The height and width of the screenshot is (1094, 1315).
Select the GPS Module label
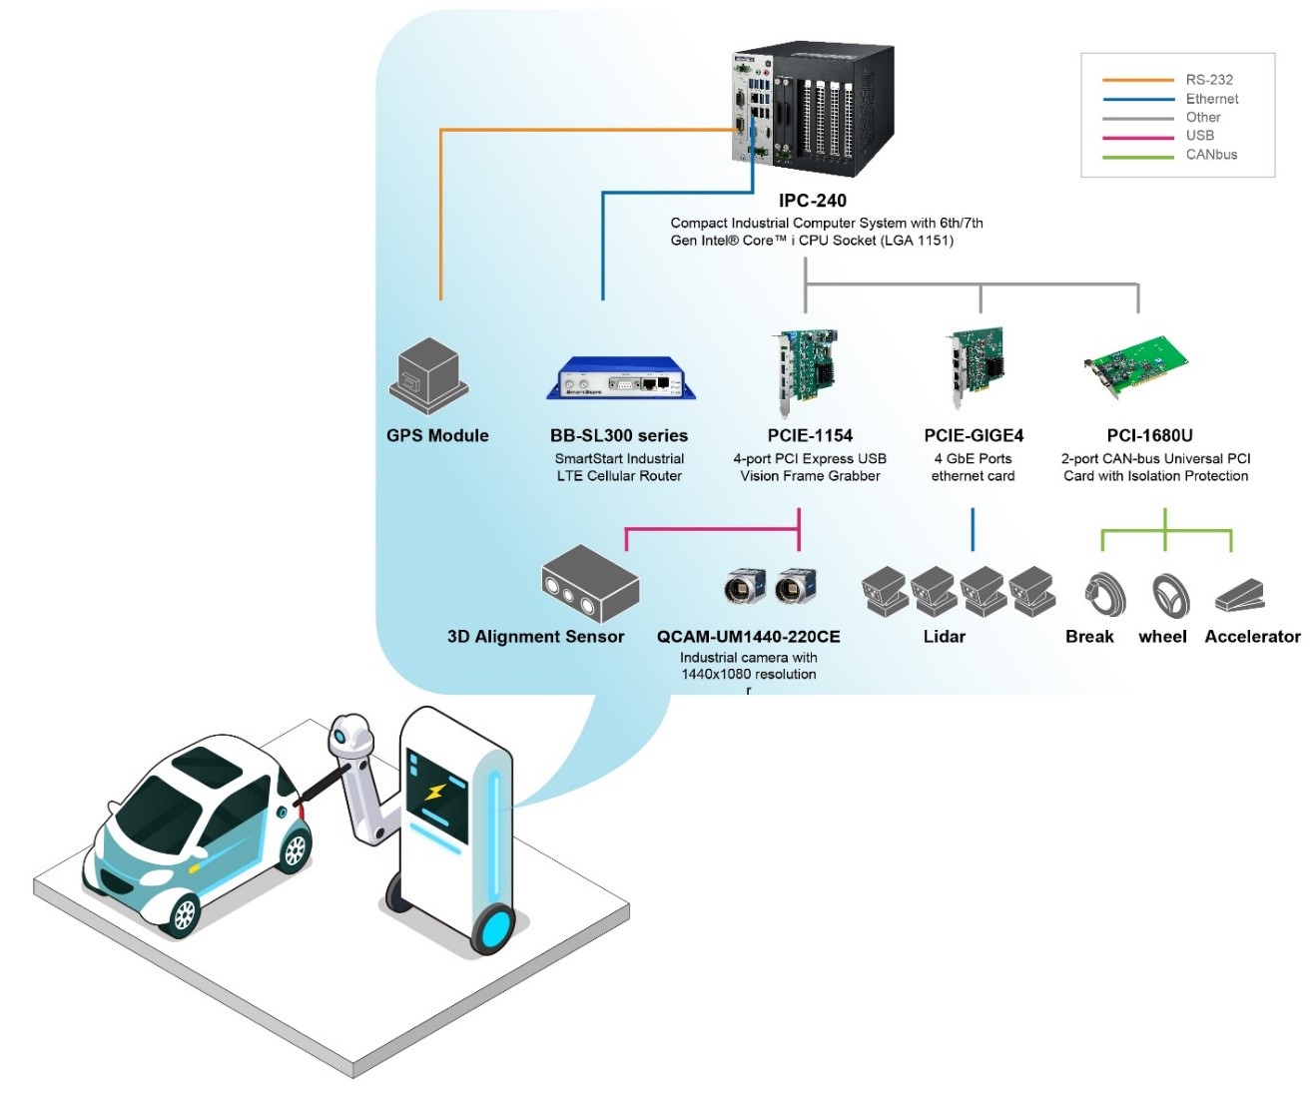click(x=437, y=435)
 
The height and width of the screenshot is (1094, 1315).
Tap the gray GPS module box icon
click(x=428, y=375)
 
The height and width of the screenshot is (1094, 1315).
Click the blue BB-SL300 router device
click(x=620, y=379)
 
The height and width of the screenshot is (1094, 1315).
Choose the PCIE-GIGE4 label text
click(x=974, y=435)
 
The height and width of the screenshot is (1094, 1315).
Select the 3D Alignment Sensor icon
click(x=589, y=585)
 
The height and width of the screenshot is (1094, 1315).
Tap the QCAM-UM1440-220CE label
click(x=748, y=637)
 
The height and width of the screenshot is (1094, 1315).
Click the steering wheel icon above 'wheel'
click(x=1170, y=596)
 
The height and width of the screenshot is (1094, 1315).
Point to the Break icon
click(x=1104, y=595)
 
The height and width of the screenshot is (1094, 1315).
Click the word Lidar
click(x=944, y=637)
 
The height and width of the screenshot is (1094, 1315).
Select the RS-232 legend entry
click(x=1208, y=80)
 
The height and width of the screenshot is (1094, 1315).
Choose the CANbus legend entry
click(x=1210, y=155)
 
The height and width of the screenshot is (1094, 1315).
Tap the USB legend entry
click(x=1199, y=136)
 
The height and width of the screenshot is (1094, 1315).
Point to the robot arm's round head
click(x=351, y=736)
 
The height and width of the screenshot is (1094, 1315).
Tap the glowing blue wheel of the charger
click(x=494, y=928)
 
